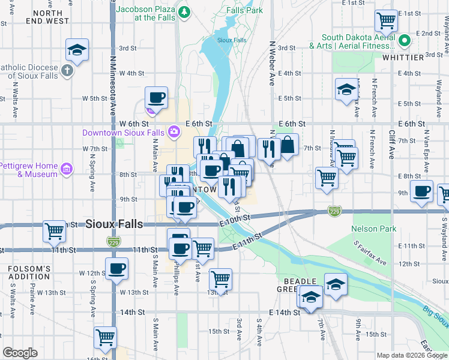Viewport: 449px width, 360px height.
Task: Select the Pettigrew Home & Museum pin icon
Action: coord(66,170)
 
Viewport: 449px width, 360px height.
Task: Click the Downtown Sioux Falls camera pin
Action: coord(173,131)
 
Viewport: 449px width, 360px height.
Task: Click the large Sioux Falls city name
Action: coord(114,224)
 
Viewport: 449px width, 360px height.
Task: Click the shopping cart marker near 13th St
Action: coord(220,278)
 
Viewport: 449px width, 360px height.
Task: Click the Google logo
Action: coord(20,353)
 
